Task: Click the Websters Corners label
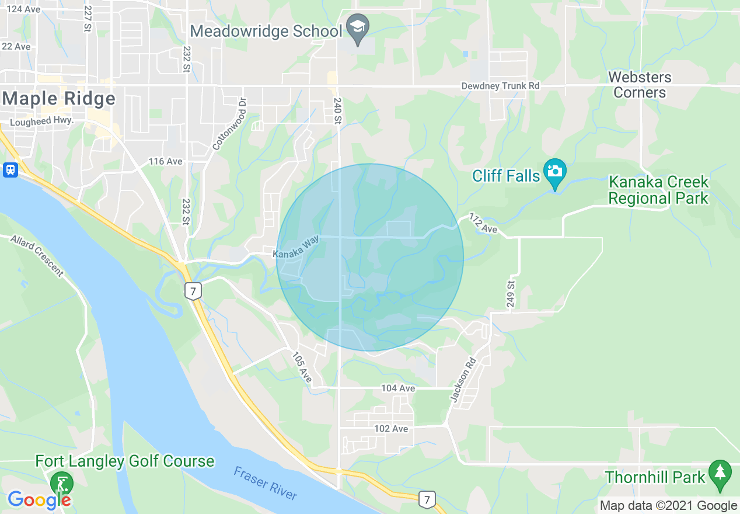[x=640, y=85]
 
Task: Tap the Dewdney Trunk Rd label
[x=500, y=86]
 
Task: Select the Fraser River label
[x=266, y=483]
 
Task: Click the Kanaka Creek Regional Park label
[x=658, y=190]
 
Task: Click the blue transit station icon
[x=10, y=170]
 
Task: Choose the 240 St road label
[x=337, y=111]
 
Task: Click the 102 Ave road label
[x=391, y=429]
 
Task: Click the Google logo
[x=39, y=500]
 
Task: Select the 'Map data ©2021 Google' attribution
[x=668, y=506]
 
